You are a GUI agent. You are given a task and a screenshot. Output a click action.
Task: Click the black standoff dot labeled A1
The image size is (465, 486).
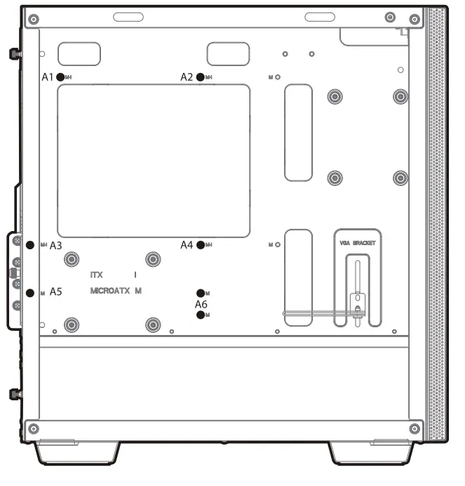click(x=60, y=77)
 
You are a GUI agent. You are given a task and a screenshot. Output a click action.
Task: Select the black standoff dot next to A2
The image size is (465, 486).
click(x=201, y=77)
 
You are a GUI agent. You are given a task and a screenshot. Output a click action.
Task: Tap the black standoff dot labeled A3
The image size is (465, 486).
click(x=30, y=245)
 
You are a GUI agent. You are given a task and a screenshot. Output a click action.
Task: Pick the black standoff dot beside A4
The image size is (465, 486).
click(x=201, y=245)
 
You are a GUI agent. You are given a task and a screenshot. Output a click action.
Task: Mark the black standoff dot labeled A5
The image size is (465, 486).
click(x=30, y=292)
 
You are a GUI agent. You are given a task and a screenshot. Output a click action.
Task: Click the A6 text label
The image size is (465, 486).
click(x=201, y=304)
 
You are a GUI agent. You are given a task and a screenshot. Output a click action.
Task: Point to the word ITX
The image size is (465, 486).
click(x=97, y=275)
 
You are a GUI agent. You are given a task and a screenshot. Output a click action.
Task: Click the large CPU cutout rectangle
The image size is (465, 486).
click(x=153, y=160)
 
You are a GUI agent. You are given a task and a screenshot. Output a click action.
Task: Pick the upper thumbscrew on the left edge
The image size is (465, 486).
click(x=14, y=54)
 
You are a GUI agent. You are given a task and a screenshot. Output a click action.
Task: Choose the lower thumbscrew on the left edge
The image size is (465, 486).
click(x=14, y=394)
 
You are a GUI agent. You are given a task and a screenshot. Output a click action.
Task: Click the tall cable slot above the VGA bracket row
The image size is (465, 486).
click(x=298, y=132)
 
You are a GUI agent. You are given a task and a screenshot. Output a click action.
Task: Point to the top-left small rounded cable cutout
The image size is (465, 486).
click(x=79, y=53)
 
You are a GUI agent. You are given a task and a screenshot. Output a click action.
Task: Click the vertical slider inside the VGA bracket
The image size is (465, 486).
click(x=357, y=288)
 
